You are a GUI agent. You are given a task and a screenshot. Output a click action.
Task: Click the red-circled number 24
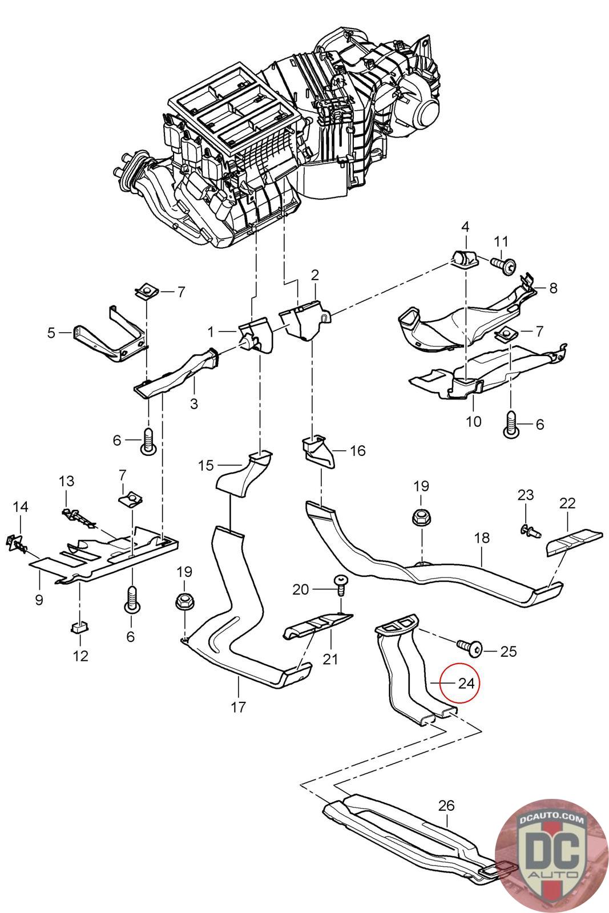click(466, 682)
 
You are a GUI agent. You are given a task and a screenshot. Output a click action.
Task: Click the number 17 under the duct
click(239, 707)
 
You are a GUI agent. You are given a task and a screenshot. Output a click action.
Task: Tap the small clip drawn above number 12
click(79, 628)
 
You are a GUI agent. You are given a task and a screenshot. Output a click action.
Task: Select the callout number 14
click(21, 506)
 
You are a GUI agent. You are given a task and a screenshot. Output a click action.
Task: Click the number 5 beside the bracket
click(51, 332)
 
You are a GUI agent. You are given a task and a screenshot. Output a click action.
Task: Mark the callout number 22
click(567, 503)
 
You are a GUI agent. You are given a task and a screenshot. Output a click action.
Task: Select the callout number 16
click(357, 451)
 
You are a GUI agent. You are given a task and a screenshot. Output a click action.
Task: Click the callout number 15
click(206, 465)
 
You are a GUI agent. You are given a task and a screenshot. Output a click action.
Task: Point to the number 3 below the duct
click(194, 403)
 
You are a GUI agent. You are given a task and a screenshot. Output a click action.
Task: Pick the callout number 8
click(552, 288)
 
